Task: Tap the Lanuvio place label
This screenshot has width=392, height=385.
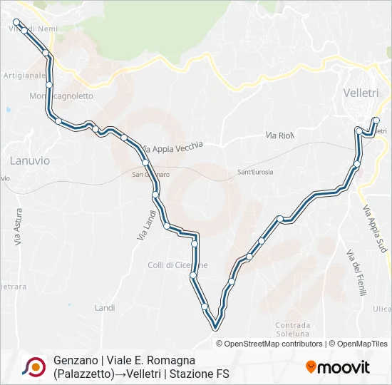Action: click(x=29, y=160)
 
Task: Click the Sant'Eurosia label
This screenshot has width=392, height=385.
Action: click(x=255, y=173)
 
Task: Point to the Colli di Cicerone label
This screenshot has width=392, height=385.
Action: click(x=177, y=265)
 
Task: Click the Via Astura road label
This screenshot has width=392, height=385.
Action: click(x=18, y=227)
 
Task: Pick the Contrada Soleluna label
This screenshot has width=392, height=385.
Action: click(x=292, y=329)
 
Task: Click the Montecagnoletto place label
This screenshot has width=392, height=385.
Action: click(x=61, y=96)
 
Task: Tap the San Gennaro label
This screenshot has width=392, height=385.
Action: click(x=150, y=173)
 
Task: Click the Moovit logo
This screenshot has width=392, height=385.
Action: click(x=338, y=367)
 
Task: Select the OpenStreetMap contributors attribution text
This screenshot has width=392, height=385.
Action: click(x=274, y=344)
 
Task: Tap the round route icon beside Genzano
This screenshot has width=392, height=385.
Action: click(x=33, y=366)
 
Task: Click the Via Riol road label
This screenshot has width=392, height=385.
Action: click(x=279, y=135)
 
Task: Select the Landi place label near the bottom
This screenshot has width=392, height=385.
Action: click(x=104, y=307)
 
